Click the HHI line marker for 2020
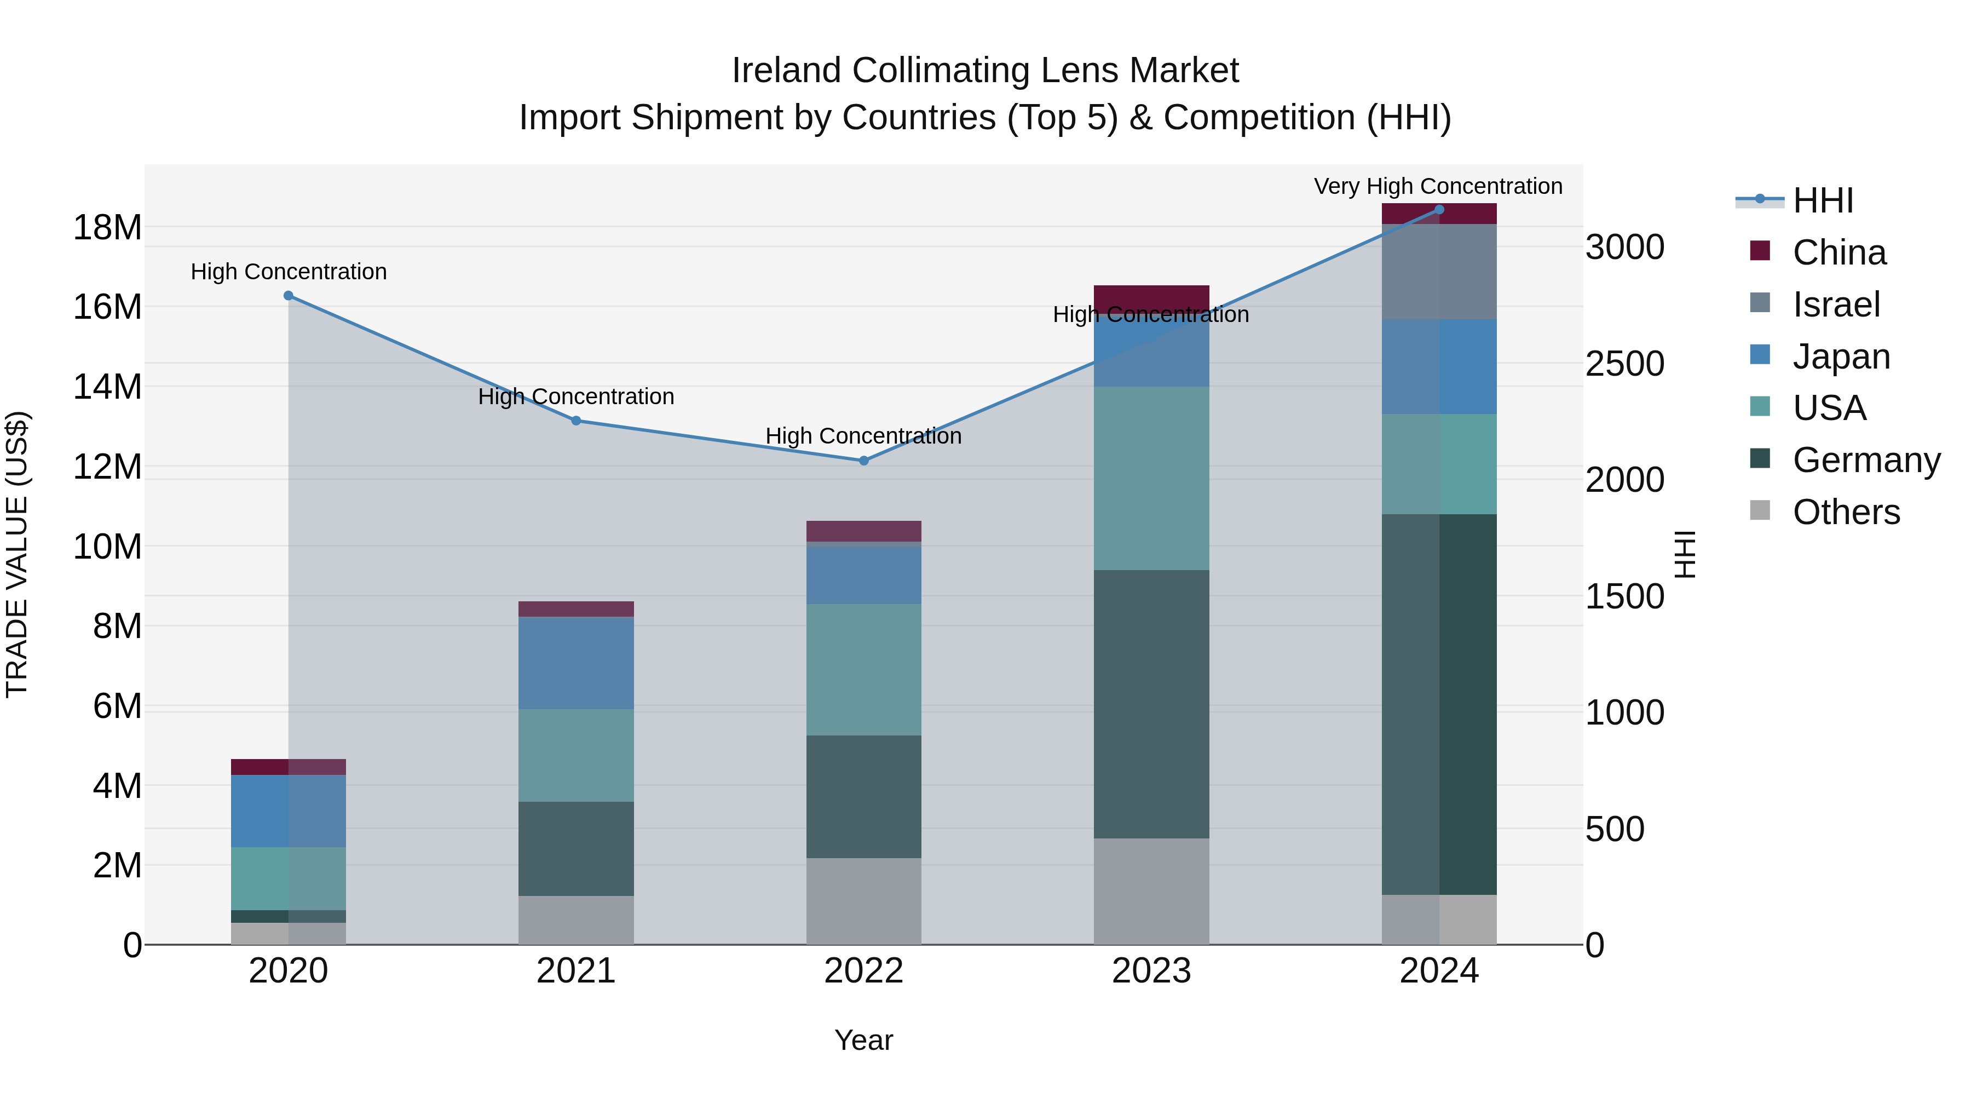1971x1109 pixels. (x=289, y=295)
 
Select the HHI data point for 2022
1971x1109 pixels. (x=864, y=461)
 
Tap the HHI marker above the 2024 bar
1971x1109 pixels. (x=1439, y=210)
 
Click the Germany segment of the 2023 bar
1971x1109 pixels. (x=1151, y=704)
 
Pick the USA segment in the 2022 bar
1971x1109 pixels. (x=864, y=670)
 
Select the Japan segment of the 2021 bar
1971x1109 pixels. (x=576, y=663)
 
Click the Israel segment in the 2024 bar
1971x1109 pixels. (x=1439, y=272)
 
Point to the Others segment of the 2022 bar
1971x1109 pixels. (x=864, y=901)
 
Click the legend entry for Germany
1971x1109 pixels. (x=1866, y=460)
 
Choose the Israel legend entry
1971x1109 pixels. (x=1836, y=304)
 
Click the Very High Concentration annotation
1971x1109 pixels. (x=1438, y=186)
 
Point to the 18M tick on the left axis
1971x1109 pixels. (x=107, y=227)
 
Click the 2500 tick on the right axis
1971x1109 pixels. (x=1624, y=364)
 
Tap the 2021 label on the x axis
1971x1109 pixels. (x=576, y=971)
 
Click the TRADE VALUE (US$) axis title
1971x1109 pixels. (x=17, y=554)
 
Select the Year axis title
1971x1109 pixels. (x=864, y=1040)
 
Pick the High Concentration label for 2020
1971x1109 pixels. (x=289, y=272)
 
